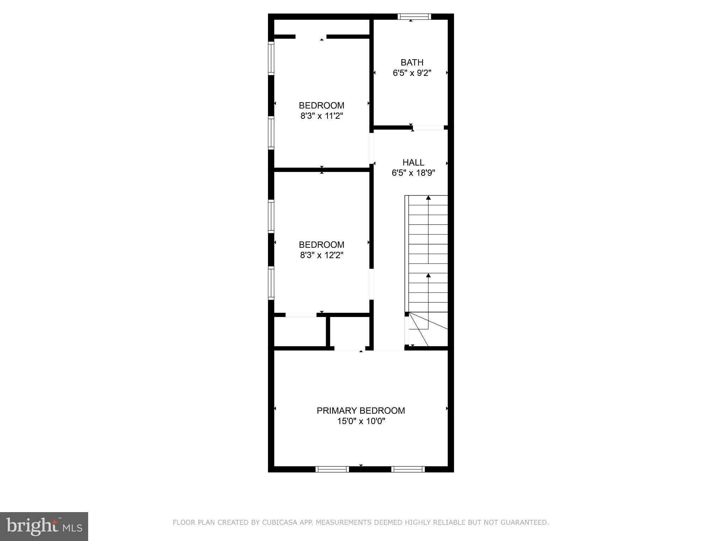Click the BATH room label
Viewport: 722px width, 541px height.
click(412, 62)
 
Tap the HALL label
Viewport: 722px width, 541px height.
click(413, 162)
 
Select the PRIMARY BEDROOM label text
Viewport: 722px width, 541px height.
click(361, 410)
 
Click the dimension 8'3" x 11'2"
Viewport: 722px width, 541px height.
click(322, 116)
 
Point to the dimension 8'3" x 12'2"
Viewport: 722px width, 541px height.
click(322, 255)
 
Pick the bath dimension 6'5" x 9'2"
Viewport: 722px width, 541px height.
click(412, 73)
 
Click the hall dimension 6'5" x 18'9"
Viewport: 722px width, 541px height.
click(413, 173)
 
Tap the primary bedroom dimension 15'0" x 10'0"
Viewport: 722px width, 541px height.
click(361, 421)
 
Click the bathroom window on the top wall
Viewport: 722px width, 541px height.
click(414, 17)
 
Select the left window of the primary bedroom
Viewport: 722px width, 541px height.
click(332, 469)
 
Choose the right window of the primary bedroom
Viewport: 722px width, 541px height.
click(408, 469)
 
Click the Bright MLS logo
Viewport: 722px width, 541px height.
click(44, 526)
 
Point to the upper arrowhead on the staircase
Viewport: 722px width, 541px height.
click(428, 198)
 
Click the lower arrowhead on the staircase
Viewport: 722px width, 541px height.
click(428, 275)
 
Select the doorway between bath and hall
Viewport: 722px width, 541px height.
click(428, 128)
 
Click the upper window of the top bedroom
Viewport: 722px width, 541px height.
click(271, 58)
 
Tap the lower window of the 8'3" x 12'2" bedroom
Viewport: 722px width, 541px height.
click(271, 283)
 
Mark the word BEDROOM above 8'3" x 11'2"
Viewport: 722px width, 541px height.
click(322, 105)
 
